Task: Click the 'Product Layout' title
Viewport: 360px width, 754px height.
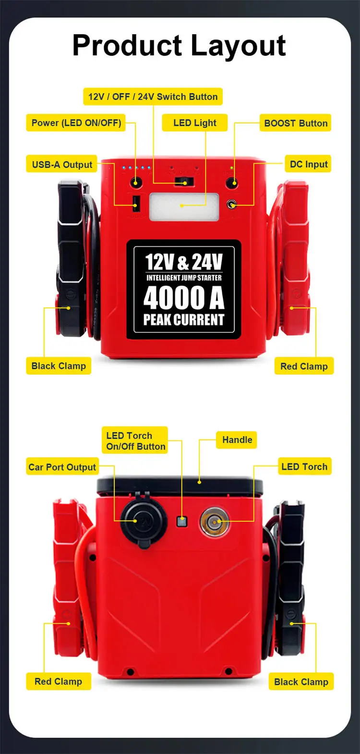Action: point(179,46)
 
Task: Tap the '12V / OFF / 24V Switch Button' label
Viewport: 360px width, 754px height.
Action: point(153,97)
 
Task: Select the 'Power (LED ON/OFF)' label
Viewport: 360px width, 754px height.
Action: point(76,123)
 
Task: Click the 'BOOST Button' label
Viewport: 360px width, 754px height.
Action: point(295,123)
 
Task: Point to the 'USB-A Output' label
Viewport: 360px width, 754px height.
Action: point(62,164)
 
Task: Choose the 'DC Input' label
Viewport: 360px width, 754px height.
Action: point(308,164)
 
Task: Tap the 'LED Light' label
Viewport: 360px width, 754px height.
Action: point(194,123)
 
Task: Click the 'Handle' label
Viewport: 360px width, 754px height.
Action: point(237,439)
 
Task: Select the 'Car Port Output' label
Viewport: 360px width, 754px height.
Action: point(62,467)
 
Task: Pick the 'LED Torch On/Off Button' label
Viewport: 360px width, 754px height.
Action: point(135,441)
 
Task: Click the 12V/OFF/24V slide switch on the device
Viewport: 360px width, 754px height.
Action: point(184,182)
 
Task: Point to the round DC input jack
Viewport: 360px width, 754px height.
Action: point(232,205)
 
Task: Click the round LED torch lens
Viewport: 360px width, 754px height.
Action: point(214,522)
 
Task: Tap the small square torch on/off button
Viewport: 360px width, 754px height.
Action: point(181,521)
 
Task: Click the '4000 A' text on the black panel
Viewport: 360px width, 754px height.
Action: point(184,298)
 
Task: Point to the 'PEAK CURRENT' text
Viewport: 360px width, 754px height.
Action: point(184,320)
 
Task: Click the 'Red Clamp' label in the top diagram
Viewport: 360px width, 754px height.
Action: point(304,366)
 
